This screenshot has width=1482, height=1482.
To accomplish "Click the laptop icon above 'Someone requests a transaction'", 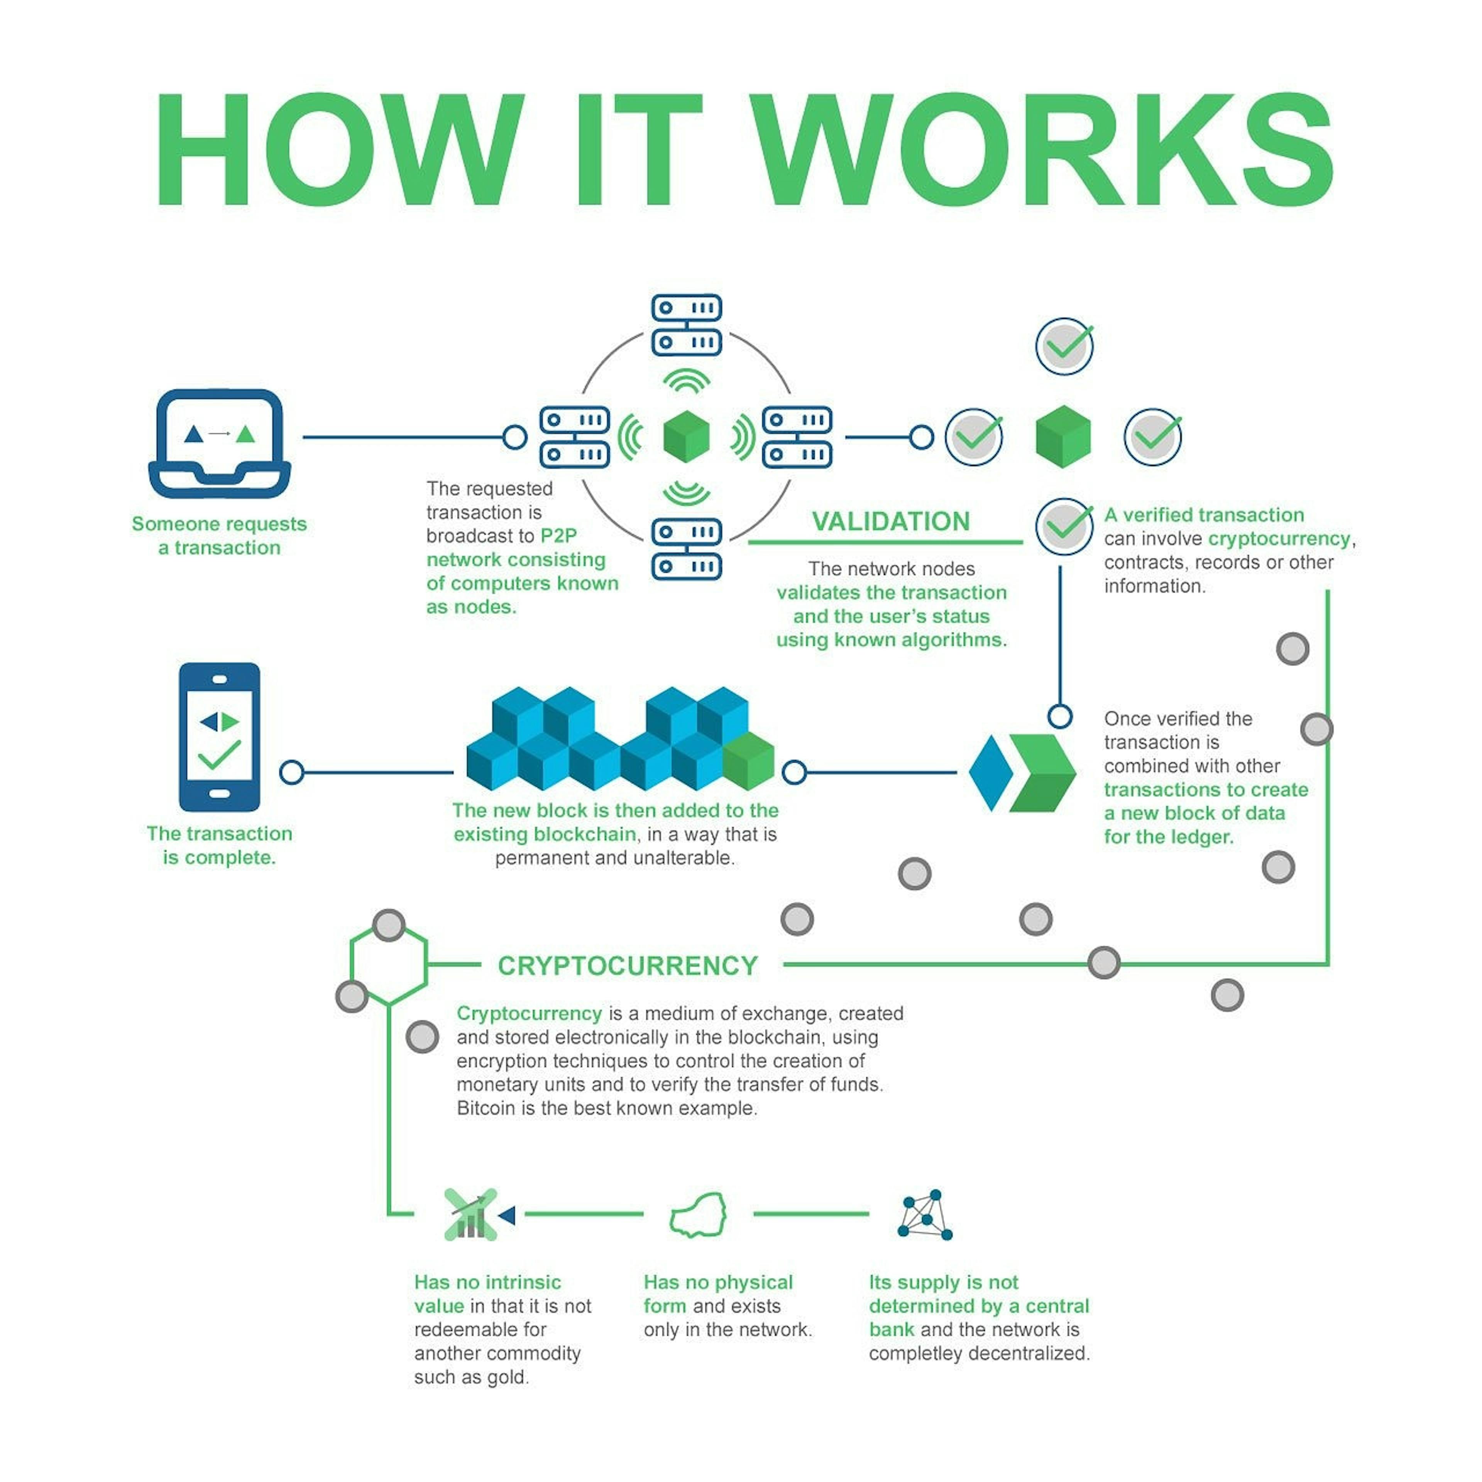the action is (219, 443).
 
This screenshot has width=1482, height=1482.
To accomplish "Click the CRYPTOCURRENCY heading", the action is (628, 966).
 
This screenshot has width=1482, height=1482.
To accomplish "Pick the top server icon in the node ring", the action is (687, 325).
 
